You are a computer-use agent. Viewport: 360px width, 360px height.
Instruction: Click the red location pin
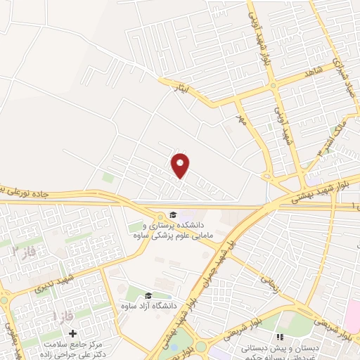pyautogui.click(x=181, y=165)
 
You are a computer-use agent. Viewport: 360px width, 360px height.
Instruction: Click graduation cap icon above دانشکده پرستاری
pyautogui.click(x=172, y=214)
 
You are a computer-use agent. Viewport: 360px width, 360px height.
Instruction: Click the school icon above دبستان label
pyautogui.click(x=278, y=337)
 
